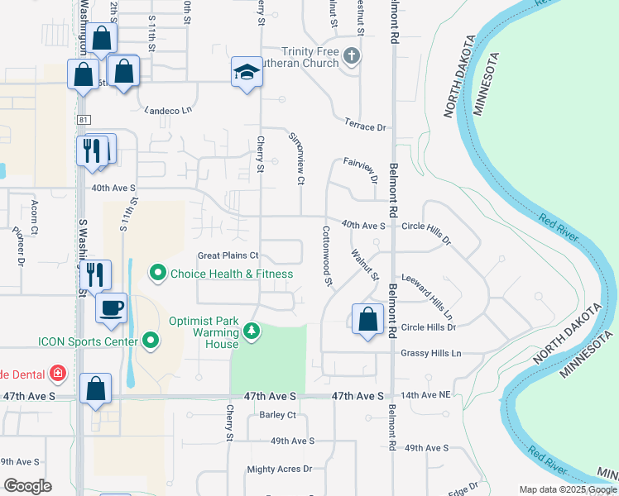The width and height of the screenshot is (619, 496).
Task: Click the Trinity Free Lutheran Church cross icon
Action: pyautogui.click(x=352, y=56)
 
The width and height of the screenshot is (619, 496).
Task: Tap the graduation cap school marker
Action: pyautogui.click(x=246, y=73)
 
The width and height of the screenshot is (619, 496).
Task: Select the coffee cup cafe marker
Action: pyautogui.click(x=112, y=308)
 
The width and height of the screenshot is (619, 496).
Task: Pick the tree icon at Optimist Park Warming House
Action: pyautogui.click(x=252, y=332)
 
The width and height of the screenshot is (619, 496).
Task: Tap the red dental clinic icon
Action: pyautogui.click(x=57, y=373)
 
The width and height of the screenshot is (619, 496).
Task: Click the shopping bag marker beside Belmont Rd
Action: pyautogui.click(x=367, y=318)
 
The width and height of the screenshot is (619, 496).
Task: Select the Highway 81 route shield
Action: pyautogui.click(x=84, y=121)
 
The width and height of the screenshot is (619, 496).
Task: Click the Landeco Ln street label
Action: pyautogui.click(x=168, y=110)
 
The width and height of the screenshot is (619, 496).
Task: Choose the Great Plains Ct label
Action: pyautogui.click(x=228, y=255)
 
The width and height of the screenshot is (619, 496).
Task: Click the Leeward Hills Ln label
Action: pyautogui.click(x=427, y=297)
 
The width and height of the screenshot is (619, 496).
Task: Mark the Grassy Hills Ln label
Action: pyautogui.click(x=430, y=353)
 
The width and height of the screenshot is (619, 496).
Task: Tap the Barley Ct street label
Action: pyautogui.click(x=277, y=415)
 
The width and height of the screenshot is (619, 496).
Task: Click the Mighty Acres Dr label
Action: pyautogui.click(x=280, y=469)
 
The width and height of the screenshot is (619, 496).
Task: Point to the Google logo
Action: pyautogui.click(x=28, y=486)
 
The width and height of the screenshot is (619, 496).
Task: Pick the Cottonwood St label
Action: pyautogui.click(x=328, y=256)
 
